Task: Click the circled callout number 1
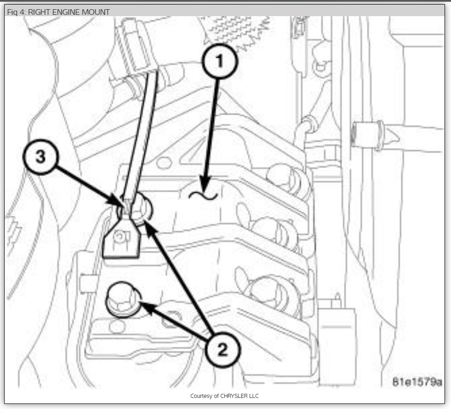[220, 62]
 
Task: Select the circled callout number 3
[41, 157]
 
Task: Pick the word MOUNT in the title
[97, 12]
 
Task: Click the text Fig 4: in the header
[16, 12]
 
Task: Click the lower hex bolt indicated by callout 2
[123, 300]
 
